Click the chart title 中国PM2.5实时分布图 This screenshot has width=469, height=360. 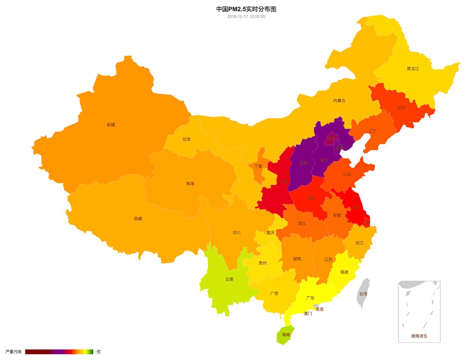tap(246, 9)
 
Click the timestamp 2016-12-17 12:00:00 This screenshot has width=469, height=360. tap(246, 17)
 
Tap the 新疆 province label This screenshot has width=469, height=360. tap(111, 125)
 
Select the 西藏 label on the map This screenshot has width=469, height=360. tap(138, 219)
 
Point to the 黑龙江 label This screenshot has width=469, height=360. tap(413, 69)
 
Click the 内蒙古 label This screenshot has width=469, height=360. tap(339, 101)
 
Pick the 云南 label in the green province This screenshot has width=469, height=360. tap(229, 279)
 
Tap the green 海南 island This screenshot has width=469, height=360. tap(285, 335)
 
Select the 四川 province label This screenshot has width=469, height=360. tap(237, 233)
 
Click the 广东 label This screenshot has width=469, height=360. tap(310, 298)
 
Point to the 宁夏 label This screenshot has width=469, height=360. tap(258, 166)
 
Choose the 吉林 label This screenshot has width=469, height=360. tap(401, 108)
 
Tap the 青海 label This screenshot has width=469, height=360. tap(190, 184)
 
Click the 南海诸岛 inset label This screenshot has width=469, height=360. tap(419, 336)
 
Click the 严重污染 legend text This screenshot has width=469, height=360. tap(13, 352)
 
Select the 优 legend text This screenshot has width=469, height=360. tap(98, 352)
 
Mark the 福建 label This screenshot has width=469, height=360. tap(344, 272)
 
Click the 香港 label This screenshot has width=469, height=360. tap(319, 309)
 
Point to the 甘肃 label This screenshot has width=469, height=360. tap(186, 139)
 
